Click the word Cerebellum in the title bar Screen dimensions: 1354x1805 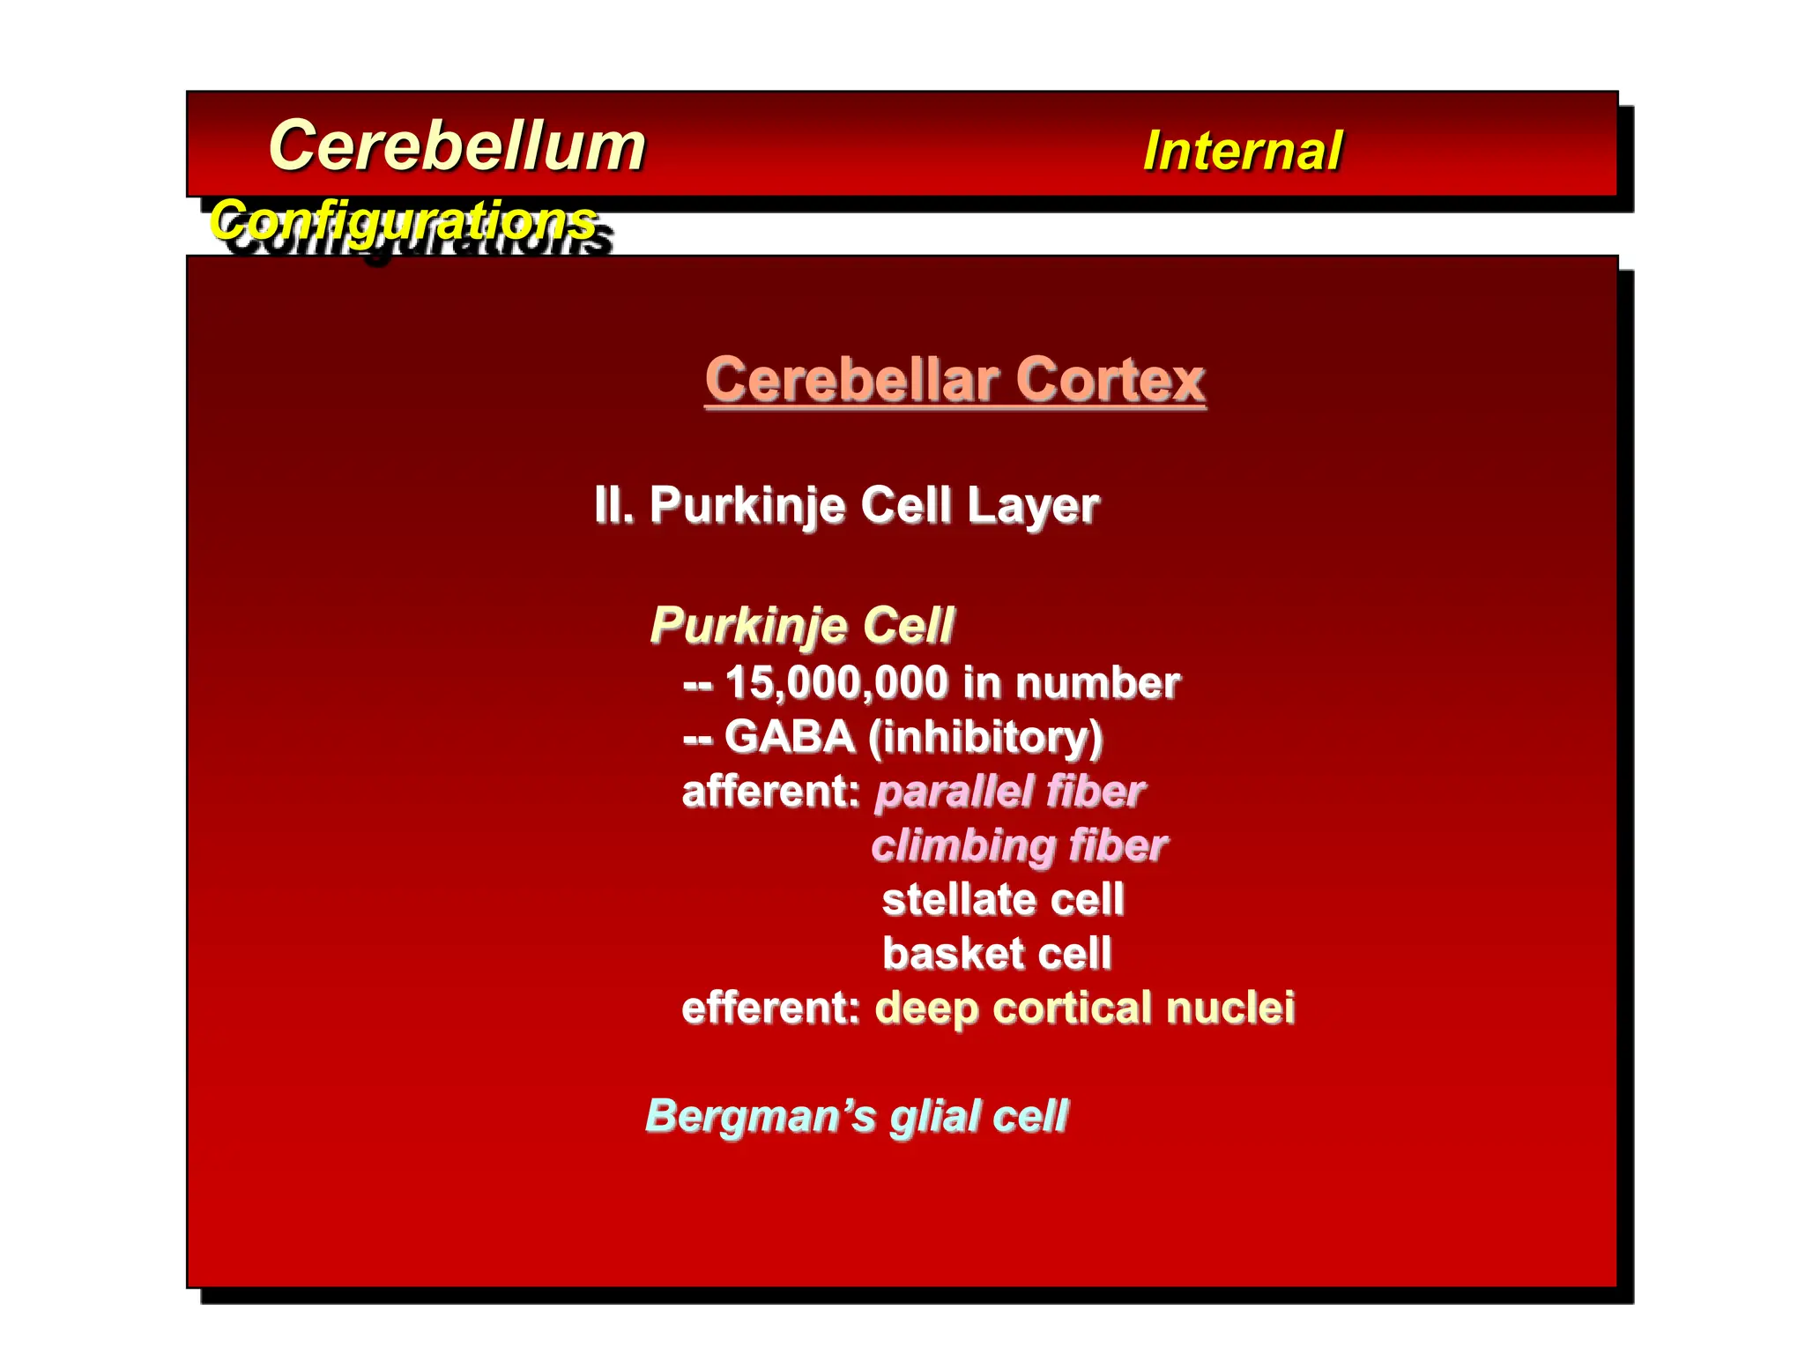457,146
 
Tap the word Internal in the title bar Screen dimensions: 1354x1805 1242,151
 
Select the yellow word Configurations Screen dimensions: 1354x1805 403,219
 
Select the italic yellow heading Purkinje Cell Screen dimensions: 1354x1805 801,626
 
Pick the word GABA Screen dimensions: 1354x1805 789,737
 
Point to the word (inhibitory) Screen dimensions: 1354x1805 984,738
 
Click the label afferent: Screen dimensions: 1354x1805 770,792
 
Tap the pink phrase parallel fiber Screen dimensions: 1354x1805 1009,792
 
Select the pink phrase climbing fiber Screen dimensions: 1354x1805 1019,846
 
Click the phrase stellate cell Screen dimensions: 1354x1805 1003,900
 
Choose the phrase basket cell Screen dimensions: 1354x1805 997,954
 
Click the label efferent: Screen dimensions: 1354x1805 770,1008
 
